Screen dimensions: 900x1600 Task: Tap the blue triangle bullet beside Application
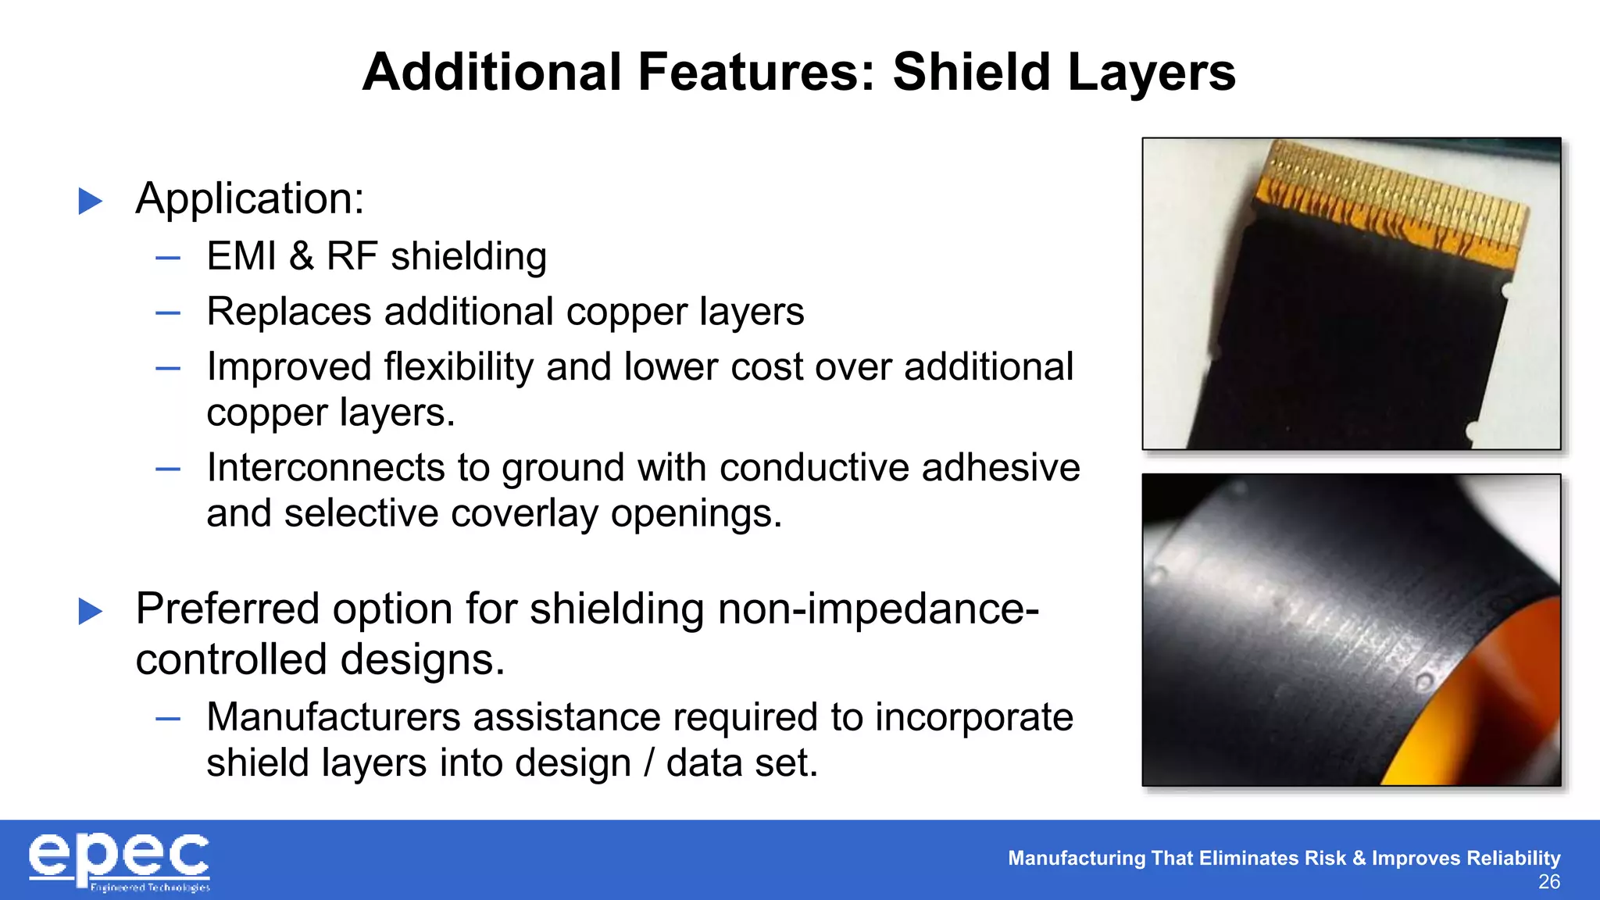click(91, 202)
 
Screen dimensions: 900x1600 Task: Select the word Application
click(250, 199)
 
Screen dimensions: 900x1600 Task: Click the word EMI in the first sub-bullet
click(241, 256)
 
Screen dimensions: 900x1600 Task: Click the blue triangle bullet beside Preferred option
click(91, 611)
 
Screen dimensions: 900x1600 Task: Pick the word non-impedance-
click(878, 609)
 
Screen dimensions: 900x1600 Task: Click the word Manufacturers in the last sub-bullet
click(334, 717)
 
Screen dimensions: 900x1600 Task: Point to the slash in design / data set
click(648, 763)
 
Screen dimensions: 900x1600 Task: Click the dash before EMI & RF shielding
click(168, 257)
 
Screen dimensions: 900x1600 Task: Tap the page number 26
click(1548, 882)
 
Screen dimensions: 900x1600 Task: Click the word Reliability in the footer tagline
click(1513, 858)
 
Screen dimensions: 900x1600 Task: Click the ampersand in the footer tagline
click(1359, 858)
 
